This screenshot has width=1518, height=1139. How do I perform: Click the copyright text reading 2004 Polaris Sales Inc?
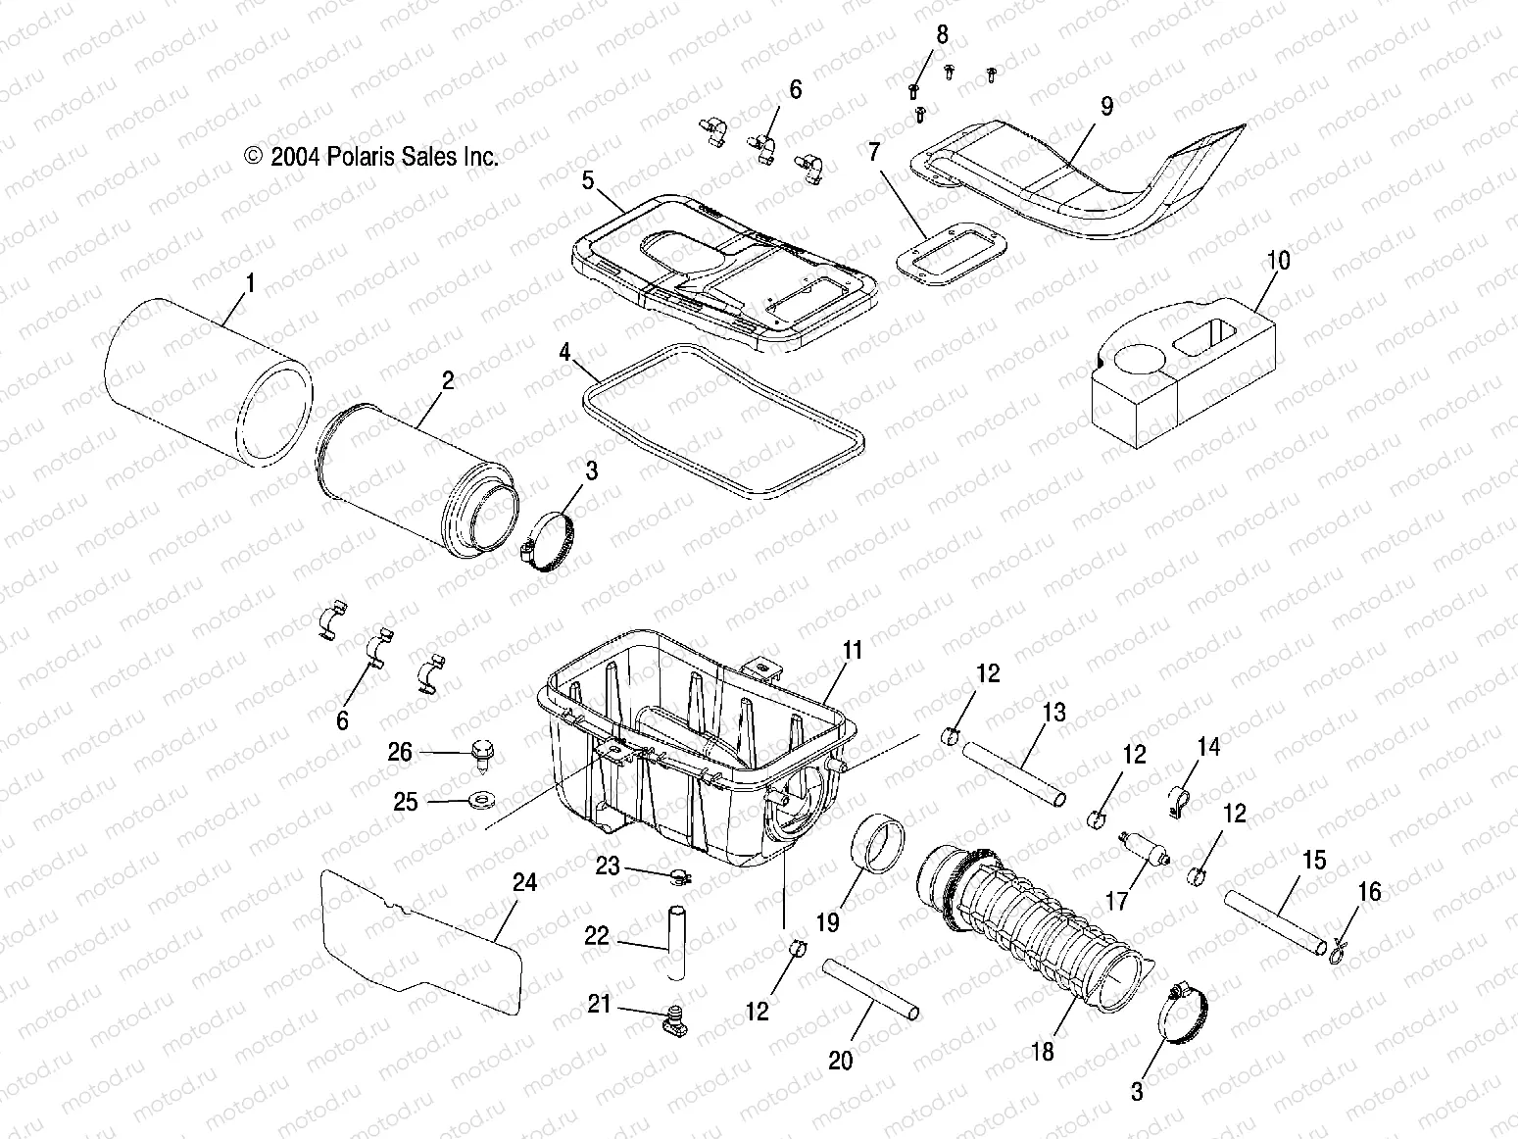point(372,157)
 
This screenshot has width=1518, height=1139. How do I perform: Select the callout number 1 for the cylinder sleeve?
point(250,284)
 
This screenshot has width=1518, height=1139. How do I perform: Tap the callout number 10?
point(1278,261)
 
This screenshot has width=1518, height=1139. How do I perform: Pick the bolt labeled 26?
point(481,753)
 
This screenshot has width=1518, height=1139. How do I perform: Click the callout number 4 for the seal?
point(564,352)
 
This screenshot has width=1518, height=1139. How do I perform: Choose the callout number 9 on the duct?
point(1106,106)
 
